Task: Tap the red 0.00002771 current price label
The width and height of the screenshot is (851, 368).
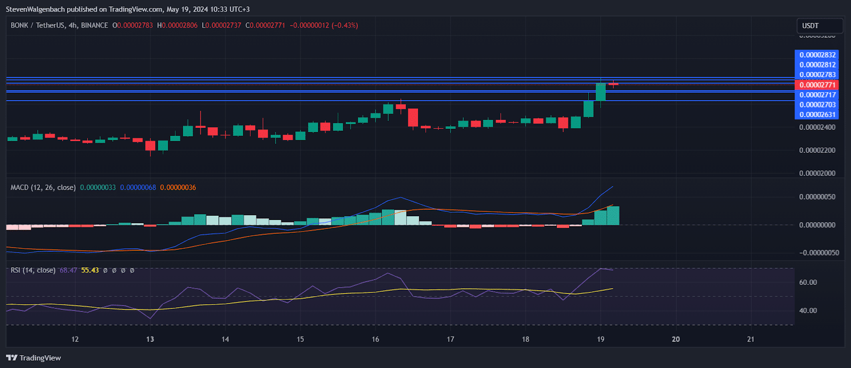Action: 817,85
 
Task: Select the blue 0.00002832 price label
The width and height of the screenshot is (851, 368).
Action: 817,55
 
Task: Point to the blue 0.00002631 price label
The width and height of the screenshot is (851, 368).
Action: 817,115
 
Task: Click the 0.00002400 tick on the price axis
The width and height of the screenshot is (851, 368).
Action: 817,127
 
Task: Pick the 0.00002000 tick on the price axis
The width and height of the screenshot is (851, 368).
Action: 817,173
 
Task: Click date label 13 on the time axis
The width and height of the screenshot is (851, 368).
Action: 150,339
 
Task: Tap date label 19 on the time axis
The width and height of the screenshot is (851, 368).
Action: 600,339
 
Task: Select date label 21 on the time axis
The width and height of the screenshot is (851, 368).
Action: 750,339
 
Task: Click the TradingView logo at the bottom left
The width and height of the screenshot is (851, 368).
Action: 34,358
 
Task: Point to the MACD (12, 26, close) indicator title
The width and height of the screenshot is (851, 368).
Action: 43,187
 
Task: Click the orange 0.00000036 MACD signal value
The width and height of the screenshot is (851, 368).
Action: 178,187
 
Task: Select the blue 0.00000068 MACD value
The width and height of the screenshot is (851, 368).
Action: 138,187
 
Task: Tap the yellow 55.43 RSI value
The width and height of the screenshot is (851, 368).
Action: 90,271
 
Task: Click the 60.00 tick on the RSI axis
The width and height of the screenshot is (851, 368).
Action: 808,282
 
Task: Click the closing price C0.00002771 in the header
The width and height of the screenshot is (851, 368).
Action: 265,26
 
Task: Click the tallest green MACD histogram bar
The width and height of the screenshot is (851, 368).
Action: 613,216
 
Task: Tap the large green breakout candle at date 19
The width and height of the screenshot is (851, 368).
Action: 600,92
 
